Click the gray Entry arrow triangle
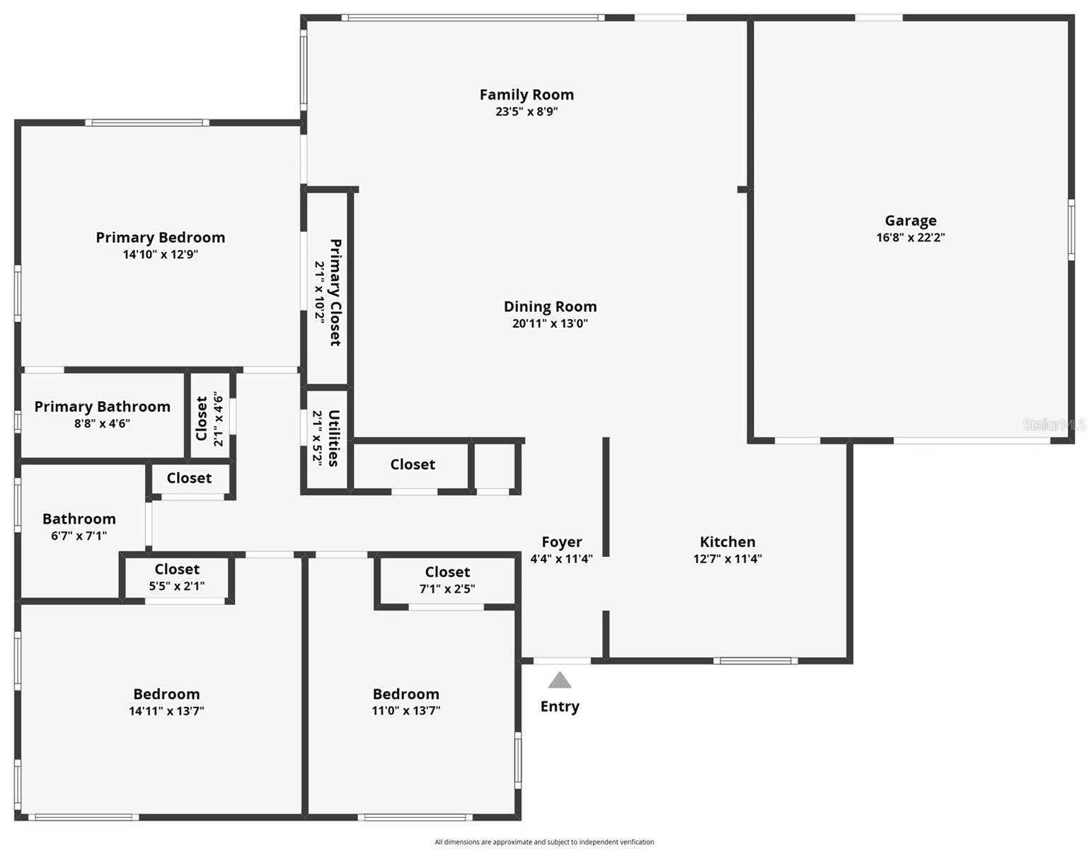pos(560,681)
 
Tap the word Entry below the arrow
pos(560,706)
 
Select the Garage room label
pos(910,221)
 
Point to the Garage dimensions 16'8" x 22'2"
pos(910,238)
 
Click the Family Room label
pos(526,95)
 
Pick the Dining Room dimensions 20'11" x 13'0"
pos(550,324)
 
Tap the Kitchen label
pos(727,542)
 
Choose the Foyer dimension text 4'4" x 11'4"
pos(561,559)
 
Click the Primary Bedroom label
pos(161,238)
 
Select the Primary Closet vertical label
pos(335,292)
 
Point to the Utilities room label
pos(334,438)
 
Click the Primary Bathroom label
pos(103,407)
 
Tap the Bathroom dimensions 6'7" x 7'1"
pos(79,536)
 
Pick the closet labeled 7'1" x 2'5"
pos(447,580)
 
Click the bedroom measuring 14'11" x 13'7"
pos(166,702)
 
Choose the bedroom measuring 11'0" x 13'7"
pos(406,702)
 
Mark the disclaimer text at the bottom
pos(544,842)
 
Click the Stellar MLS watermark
pos(1054,424)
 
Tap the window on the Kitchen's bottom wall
pos(755,661)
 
